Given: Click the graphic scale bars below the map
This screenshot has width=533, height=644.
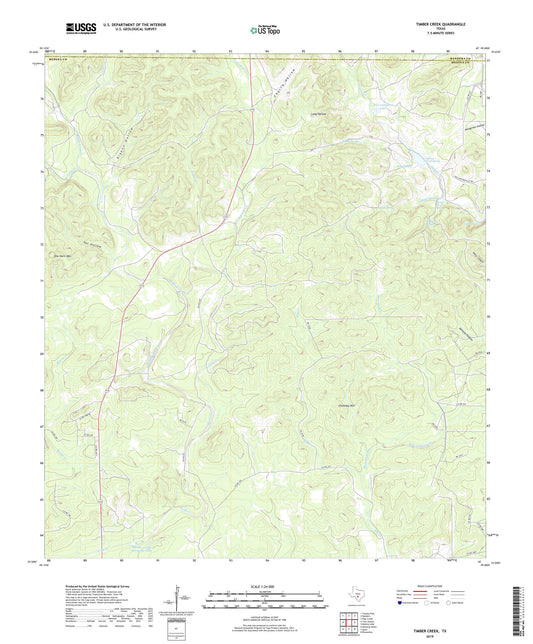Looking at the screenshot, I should pos(266,602).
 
